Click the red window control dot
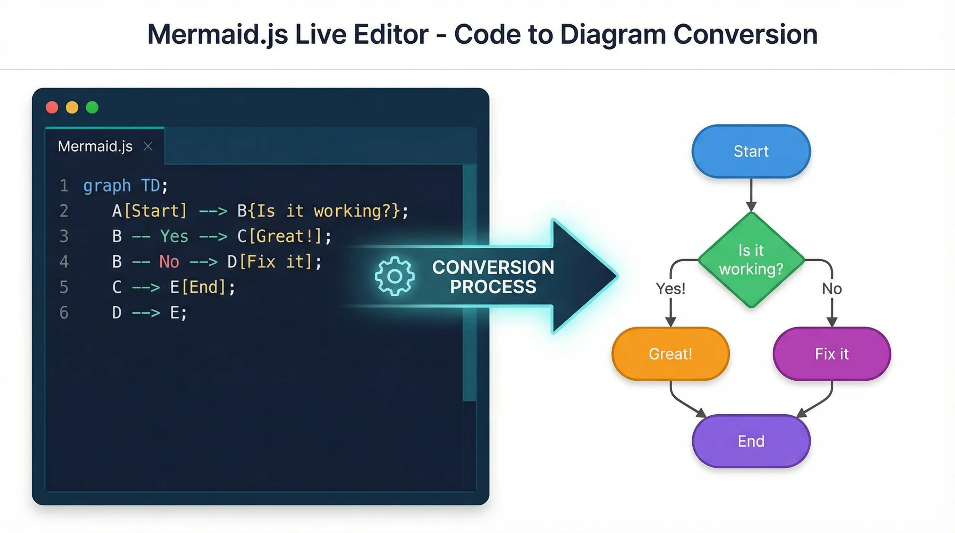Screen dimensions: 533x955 click(x=52, y=108)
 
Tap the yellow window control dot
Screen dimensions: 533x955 click(x=72, y=108)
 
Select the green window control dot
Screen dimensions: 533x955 click(x=92, y=108)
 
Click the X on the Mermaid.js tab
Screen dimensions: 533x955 click(x=148, y=146)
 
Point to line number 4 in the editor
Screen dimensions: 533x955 click(x=64, y=262)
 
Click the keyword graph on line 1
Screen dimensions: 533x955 click(x=107, y=186)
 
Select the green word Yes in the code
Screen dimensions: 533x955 click(x=174, y=236)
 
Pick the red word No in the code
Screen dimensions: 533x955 click(x=169, y=262)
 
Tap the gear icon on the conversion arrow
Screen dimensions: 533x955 click(x=395, y=276)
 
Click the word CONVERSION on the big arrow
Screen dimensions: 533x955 click(x=493, y=267)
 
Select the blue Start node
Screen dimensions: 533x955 click(x=751, y=151)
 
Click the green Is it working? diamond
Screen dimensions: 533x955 click(x=751, y=260)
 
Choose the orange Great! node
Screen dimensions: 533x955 click(x=670, y=354)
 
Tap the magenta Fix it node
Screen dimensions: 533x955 click(x=831, y=354)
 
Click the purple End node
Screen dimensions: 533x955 click(x=751, y=441)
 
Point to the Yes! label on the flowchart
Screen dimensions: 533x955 click(x=670, y=288)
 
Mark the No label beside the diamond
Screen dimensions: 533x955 click(x=831, y=289)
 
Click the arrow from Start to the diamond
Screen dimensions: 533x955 click(x=751, y=195)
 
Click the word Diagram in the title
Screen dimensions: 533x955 click(x=613, y=34)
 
